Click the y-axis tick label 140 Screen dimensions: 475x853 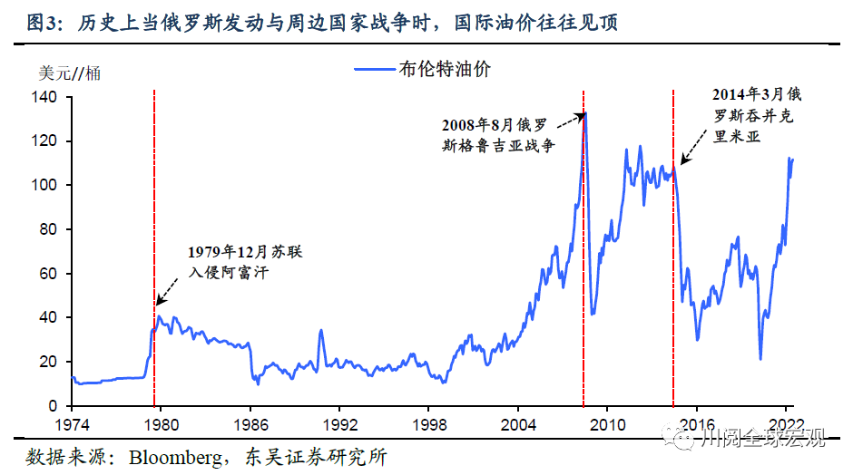[44, 97]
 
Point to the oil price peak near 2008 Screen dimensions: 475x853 [585, 113]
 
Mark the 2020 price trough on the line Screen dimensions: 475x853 [760, 359]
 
